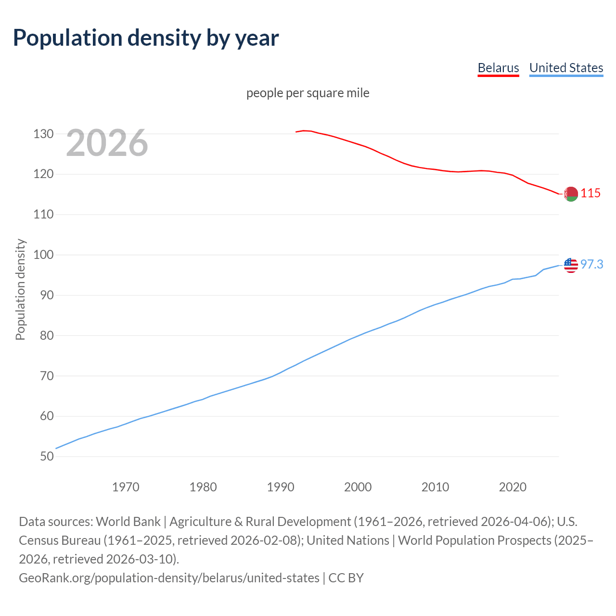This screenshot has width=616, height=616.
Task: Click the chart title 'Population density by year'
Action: click(x=145, y=38)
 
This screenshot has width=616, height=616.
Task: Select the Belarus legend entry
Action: click(x=498, y=68)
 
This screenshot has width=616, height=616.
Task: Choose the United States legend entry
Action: click(x=566, y=68)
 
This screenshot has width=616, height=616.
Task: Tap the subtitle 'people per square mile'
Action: click(x=308, y=93)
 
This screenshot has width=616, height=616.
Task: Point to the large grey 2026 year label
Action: click(x=107, y=142)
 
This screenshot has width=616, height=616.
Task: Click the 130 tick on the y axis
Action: click(x=43, y=134)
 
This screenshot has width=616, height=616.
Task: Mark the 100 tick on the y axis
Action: click(x=43, y=255)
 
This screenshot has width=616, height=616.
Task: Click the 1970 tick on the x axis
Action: click(x=126, y=487)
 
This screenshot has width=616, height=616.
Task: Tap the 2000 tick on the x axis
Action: click(x=358, y=487)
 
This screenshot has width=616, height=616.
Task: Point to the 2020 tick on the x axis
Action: click(x=513, y=487)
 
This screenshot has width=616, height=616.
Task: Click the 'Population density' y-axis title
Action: click(x=20, y=290)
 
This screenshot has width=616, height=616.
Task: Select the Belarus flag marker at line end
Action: click(x=571, y=194)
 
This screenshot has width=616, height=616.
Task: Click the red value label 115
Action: click(x=590, y=193)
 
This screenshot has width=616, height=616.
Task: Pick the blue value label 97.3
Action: click(x=591, y=265)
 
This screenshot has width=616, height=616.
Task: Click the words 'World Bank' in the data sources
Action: click(x=128, y=522)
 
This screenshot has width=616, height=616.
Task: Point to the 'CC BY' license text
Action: click(x=346, y=578)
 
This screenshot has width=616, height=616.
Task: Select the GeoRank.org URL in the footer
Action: click(x=169, y=578)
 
